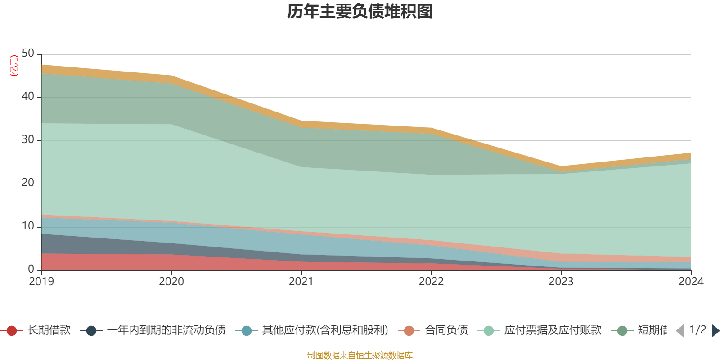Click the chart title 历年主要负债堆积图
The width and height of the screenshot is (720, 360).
tap(360, 12)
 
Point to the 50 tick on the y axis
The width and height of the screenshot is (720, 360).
tap(28, 54)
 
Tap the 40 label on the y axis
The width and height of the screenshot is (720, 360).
tap(28, 97)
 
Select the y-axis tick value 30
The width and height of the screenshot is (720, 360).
tap(28, 140)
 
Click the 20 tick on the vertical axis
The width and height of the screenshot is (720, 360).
tap(28, 183)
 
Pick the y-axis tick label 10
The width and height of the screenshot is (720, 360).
tap(28, 226)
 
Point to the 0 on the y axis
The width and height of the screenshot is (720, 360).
tap(31, 269)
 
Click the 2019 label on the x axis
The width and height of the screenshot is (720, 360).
tap(41, 282)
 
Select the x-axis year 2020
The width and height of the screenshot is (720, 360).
tap(171, 282)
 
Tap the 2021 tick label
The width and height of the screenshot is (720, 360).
tap(301, 282)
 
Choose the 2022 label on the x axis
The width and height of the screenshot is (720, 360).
tap(431, 282)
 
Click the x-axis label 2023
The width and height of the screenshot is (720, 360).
tap(561, 282)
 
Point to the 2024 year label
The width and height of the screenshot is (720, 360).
tap(691, 282)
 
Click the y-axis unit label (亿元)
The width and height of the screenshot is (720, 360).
tap(14, 66)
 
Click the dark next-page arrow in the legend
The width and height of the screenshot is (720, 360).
tap(715, 331)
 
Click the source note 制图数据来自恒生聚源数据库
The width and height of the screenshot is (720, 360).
tap(360, 355)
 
